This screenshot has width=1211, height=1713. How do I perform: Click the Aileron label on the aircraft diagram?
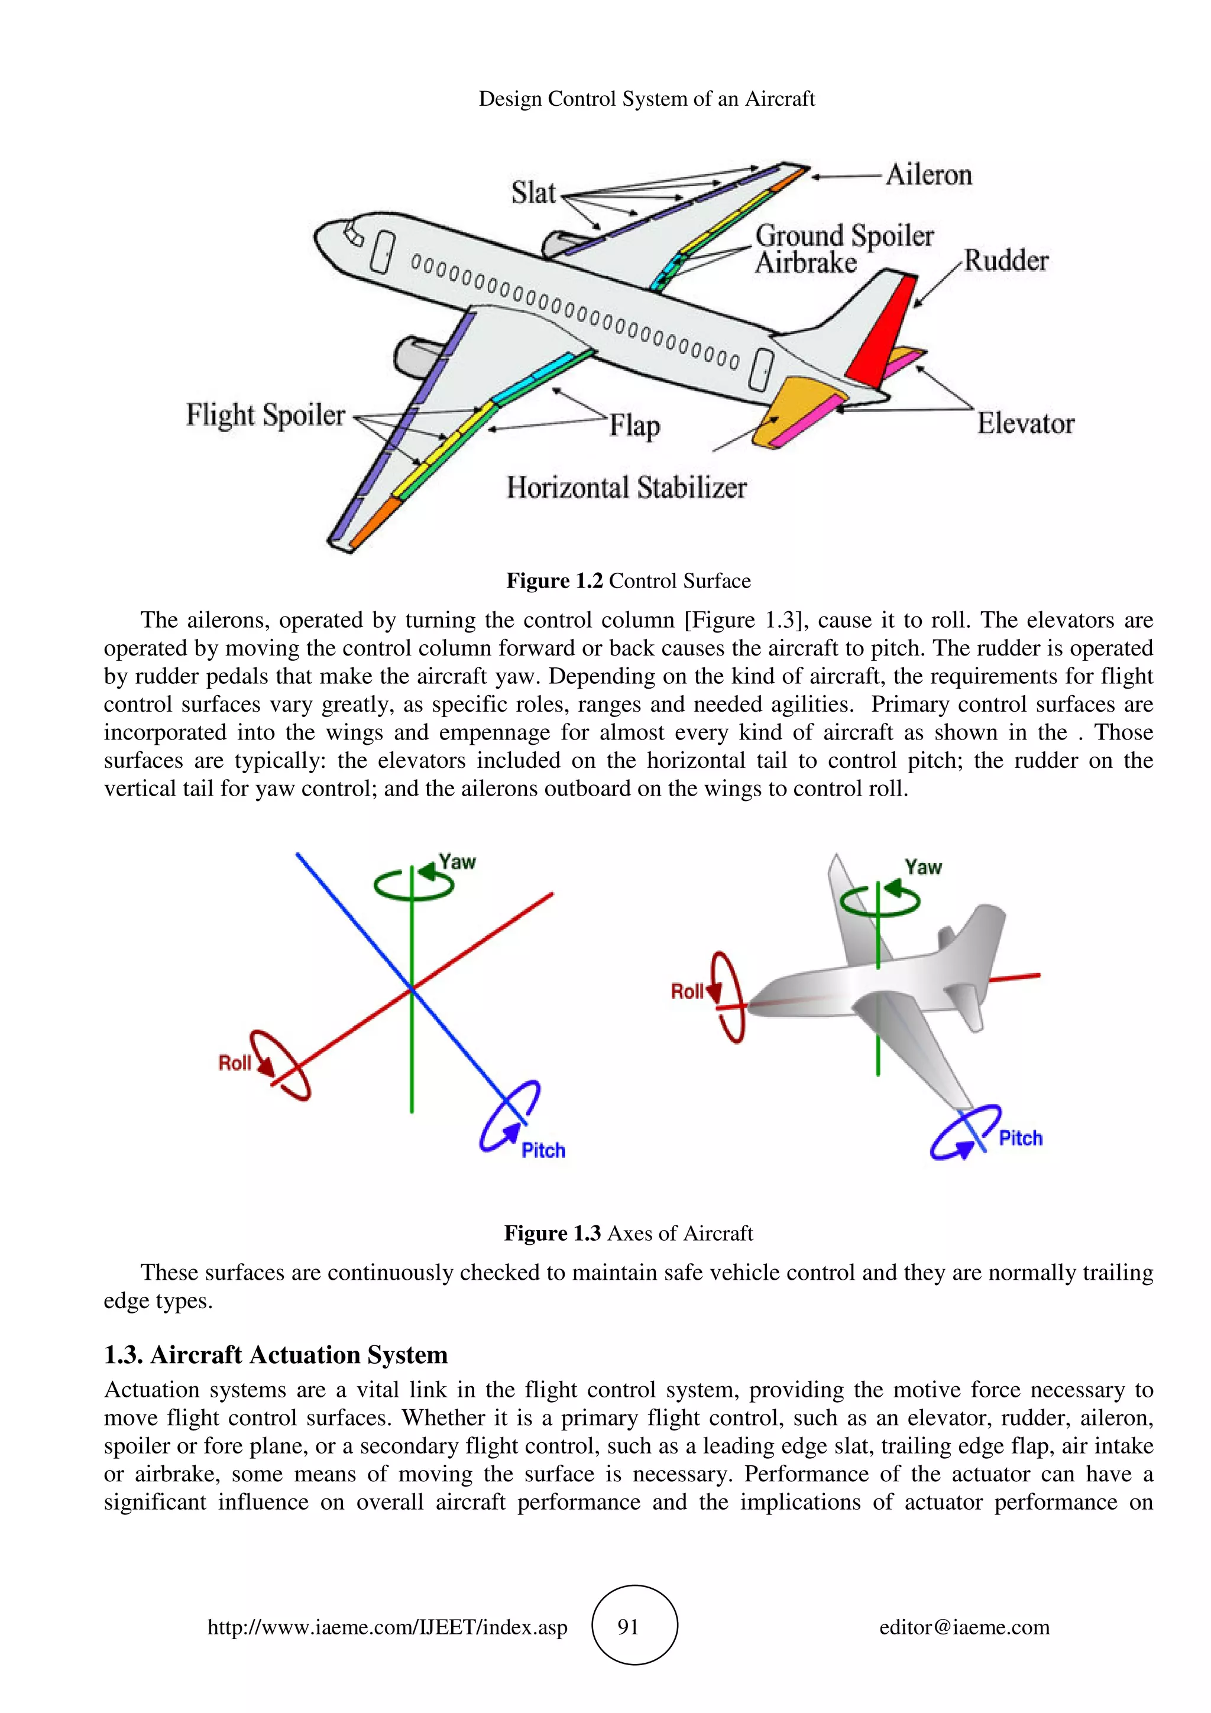tap(928, 176)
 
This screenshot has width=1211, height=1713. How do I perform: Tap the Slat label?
tap(533, 193)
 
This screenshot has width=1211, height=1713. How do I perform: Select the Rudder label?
tap(1006, 261)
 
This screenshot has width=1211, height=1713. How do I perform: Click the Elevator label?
tap(1025, 424)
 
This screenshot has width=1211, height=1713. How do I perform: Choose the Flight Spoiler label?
tap(265, 415)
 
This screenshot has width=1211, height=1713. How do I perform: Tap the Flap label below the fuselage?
tap(634, 426)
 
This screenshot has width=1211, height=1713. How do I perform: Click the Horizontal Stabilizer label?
tap(626, 488)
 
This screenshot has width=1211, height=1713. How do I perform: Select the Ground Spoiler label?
tap(844, 236)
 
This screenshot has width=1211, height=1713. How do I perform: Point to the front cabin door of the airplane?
tap(382, 252)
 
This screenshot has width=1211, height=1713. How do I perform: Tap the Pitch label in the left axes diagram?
tap(543, 1150)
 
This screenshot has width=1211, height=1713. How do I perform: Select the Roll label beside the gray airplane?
tap(687, 991)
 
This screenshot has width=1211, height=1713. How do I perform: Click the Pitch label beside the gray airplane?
tap(1020, 1138)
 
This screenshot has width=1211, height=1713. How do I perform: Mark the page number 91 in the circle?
tap(628, 1627)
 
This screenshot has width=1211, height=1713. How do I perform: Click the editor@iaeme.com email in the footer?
tap(964, 1627)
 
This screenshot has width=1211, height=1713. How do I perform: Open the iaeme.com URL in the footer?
tap(387, 1627)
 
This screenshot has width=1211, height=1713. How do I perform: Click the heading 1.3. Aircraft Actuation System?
tap(276, 1355)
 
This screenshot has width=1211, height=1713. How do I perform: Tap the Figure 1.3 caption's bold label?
tap(552, 1233)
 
